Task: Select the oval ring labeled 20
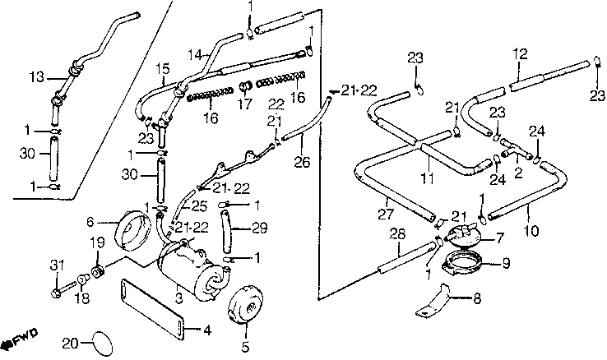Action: [x=102, y=344]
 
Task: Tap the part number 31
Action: [x=57, y=265]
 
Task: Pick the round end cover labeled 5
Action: [x=245, y=304]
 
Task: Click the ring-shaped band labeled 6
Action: [x=133, y=229]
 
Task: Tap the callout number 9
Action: [x=506, y=264]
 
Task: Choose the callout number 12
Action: [x=520, y=53]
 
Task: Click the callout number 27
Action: [x=386, y=214]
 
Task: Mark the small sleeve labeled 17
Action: [x=244, y=86]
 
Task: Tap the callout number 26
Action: [x=302, y=162]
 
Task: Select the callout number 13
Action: [x=37, y=77]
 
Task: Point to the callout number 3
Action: [x=178, y=298]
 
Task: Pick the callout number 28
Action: [x=397, y=233]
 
